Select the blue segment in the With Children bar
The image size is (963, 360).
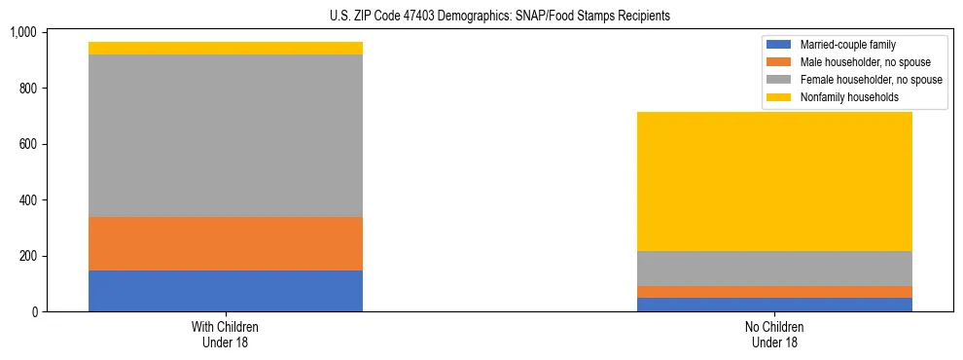tap(225, 291)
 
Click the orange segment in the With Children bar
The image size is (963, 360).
tap(225, 243)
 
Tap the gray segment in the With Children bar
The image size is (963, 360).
tap(225, 135)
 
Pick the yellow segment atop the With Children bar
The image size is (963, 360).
tap(225, 48)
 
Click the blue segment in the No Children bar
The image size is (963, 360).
tap(774, 305)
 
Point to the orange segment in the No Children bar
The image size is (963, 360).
tap(774, 292)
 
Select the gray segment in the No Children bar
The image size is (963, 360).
tap(774, 269)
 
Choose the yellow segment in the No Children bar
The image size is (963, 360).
tap(774, 181)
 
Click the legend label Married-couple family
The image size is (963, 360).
tap(848, 45)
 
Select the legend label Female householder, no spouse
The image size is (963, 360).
tap(871, 80)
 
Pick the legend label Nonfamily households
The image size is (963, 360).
tap(848, 97)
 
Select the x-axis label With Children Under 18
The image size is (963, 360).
tap(225, 335)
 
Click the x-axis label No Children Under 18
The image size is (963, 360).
tap(774, 335)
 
